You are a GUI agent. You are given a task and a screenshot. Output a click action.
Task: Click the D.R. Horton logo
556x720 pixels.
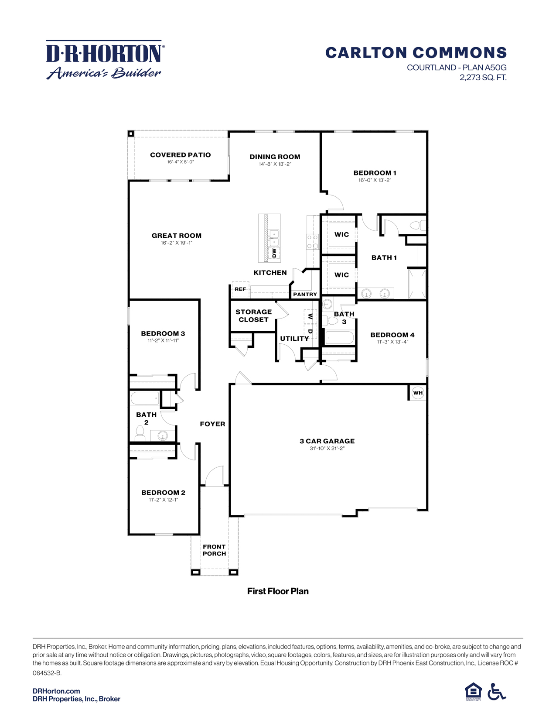tap(105, 60)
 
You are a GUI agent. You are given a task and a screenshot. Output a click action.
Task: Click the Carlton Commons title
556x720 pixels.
tap(416, 53)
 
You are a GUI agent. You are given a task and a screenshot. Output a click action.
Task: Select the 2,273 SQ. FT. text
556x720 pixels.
tap(483, 78)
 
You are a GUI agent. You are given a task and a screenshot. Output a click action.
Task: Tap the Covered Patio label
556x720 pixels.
tap(180, 155)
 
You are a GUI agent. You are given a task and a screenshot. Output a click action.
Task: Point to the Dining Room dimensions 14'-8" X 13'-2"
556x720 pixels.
tap(275, 164)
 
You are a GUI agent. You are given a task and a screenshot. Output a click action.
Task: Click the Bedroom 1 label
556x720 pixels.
tap(375, 173)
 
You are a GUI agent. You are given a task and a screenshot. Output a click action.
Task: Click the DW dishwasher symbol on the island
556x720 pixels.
tap(274, 253)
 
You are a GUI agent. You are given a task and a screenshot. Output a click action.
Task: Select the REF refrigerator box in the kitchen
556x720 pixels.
tap(240, 289)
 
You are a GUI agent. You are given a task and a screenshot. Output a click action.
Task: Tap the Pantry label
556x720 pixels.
tap(305, 295)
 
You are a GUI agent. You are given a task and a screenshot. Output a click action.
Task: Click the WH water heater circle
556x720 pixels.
tap(418, 393)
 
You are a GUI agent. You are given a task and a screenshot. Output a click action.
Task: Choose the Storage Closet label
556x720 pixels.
tap(253, 315)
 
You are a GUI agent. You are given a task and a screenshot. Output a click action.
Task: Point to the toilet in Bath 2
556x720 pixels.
tap(140, 433)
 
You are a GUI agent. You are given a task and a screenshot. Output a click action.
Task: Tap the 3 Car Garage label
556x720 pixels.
tap(327, 441)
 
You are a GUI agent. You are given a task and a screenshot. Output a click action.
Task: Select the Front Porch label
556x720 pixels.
tap(214, 550)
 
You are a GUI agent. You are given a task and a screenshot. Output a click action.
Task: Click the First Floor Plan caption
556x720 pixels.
tap(278, 591)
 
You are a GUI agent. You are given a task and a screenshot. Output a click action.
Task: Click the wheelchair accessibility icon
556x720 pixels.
tap(497, 691)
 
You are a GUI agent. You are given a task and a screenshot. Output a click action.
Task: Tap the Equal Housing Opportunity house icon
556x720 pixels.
tap(473, 691)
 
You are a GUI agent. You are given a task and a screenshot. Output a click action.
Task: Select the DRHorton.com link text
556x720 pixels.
tap(56, 691)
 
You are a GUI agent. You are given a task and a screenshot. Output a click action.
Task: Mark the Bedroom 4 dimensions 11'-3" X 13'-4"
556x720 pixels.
tap(392, 342)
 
